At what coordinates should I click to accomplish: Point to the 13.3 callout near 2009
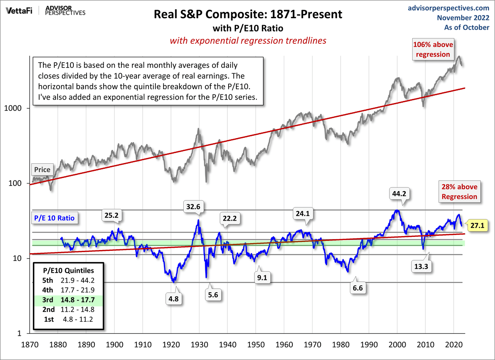tap(422, 267)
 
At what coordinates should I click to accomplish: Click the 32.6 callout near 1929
tap(193, 207)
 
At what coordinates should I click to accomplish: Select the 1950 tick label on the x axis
tap(256, 344)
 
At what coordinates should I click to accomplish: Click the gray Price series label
tap(42, 170)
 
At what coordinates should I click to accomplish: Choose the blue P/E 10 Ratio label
tap(54, 218)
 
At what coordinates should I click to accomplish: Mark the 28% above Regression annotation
tap(459, 192)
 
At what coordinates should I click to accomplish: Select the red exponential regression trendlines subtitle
tap(248, 40)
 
